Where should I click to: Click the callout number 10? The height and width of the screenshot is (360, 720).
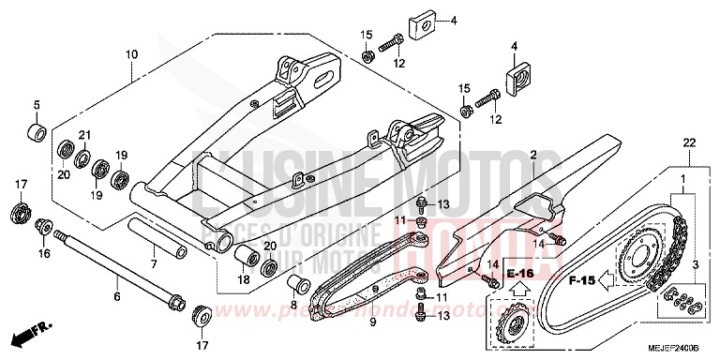131,54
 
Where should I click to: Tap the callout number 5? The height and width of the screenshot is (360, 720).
37,104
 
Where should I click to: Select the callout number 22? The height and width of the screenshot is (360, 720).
689,142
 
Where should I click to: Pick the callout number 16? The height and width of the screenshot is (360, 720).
43,253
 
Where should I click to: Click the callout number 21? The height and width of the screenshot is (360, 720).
83,135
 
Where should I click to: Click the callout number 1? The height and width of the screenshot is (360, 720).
682,177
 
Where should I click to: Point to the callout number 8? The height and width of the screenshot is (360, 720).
292,305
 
